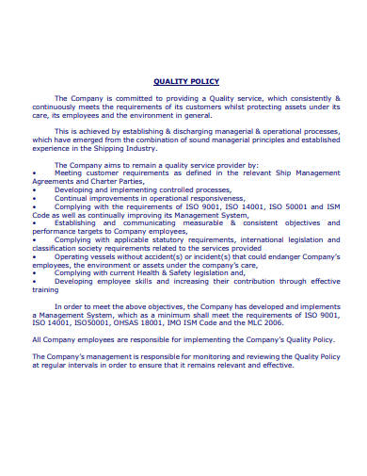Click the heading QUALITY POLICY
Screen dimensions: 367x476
pos(183,82)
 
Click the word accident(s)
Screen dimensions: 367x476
pos(166,257)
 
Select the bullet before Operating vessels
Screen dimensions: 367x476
pos(34,257)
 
